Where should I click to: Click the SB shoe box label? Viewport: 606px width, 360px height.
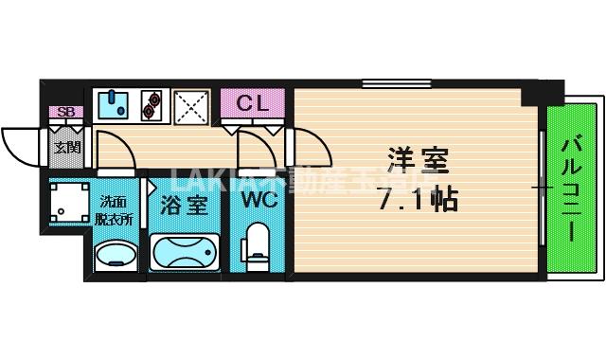click(x=65, y=113)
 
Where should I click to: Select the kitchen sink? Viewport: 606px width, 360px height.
click(x=114, y=102)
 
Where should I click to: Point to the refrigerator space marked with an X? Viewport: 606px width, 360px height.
click(x=191, y=104)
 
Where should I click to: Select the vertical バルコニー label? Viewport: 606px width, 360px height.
click(x=572, y=189)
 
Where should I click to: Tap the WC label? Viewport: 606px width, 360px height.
click(x=258, y=202)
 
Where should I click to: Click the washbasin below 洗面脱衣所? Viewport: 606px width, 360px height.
click(x=116, y=255)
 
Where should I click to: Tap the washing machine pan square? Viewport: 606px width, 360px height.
click(x=69, y=202)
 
